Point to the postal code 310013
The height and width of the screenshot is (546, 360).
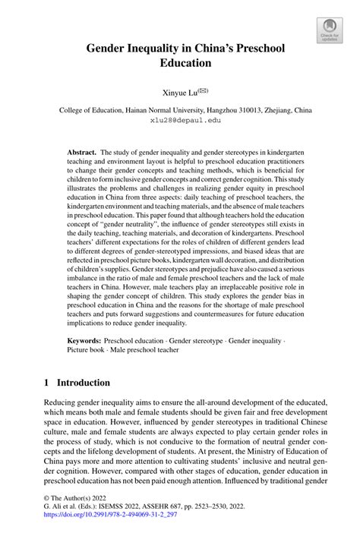[241, 110]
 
